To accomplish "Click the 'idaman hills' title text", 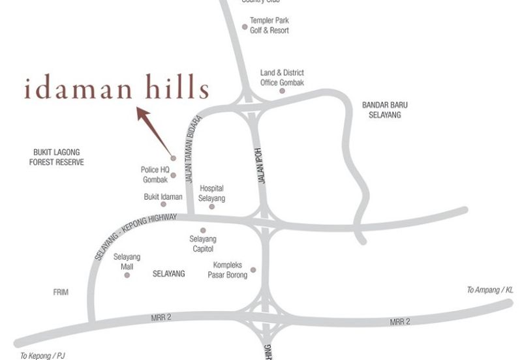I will pos(116,89).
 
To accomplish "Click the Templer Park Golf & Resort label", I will pos(269,25).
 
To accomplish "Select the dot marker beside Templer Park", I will pos(245,27).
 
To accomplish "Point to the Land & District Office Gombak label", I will pos(282,77).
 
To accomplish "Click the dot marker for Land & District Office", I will pos(283,91).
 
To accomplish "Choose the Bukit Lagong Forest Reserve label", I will pos(57,157).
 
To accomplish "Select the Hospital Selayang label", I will pos(211,192).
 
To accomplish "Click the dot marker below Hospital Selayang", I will pos(211,207).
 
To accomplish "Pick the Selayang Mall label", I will pos(127,262).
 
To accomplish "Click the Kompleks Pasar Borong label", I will pos(228,270).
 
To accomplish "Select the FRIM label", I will pos(61,292).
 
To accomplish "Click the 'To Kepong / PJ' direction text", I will pos(43,355).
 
